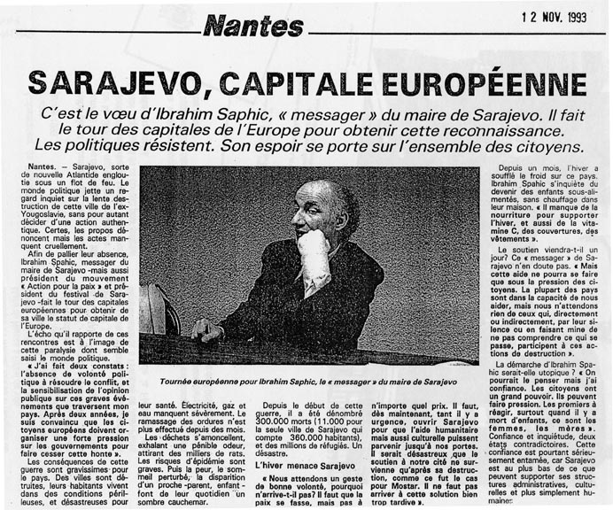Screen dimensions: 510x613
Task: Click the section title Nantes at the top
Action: click(252, 26)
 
